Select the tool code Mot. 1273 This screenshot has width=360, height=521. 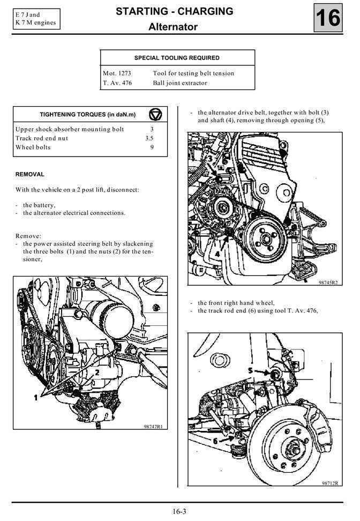click(117, 73)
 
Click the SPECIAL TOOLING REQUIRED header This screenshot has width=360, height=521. click(177, 58)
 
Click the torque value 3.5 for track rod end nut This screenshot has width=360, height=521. click(149, 138)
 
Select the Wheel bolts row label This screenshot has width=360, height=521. click(33, 147)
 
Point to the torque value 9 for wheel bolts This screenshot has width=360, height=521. click(152, 147)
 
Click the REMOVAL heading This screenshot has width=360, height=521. click(30, 174)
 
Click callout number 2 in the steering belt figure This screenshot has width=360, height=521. click(97, 371)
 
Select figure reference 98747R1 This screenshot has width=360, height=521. click(153, 427)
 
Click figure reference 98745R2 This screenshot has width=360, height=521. click(327, 282)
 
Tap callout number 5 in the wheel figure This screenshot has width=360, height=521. click(251, 370)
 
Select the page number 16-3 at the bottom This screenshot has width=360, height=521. click(179, 511)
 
